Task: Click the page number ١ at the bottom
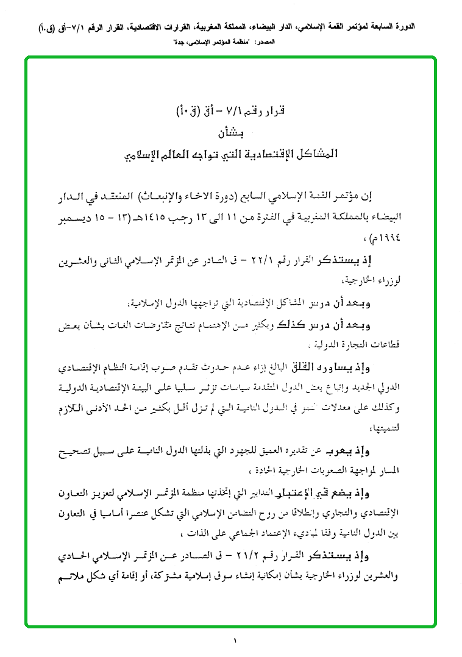(234, 640)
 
